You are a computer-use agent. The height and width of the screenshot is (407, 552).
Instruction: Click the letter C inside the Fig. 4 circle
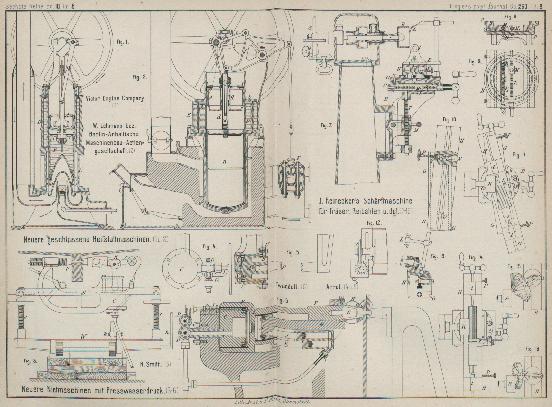coord(182,270)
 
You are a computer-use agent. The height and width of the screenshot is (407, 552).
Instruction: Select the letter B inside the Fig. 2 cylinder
coord(224,162)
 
